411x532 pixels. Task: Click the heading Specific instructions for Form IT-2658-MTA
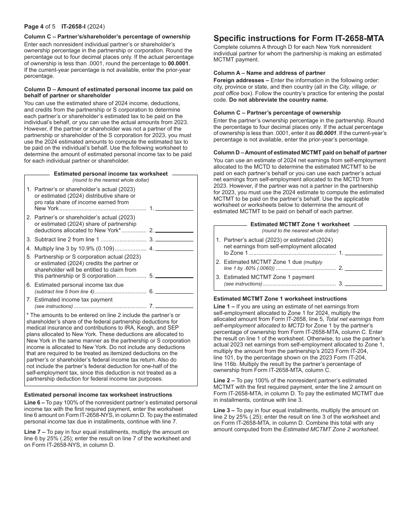pyautogui.click(x=299, y=38)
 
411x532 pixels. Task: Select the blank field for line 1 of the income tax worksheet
pyautogui.click(x=174, y=208)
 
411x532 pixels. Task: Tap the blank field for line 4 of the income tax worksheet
pyautogui.click(x=174, y=249)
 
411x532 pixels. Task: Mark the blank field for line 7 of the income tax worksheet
pyautogui.click(x=174, y=306)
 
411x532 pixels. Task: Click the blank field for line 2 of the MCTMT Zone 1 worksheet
pyautogui.click(x=363, y=268)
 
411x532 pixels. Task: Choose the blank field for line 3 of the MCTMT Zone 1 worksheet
pyautogui.click(x=363, y=284)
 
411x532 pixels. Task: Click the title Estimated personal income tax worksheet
pyautogui.click(x=111, y=174)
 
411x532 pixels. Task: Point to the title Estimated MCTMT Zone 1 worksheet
pyautogui.click(x=300, y=224)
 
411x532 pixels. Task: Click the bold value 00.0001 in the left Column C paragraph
pyautogui.click(x=178, y=63)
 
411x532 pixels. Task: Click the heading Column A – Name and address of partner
pyautogui.click(x=269, y=73)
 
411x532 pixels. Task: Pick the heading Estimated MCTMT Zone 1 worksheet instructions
pyautogui.click(x=280, y=299)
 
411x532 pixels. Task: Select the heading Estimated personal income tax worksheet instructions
pyautogui.click(x=98, y=395)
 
